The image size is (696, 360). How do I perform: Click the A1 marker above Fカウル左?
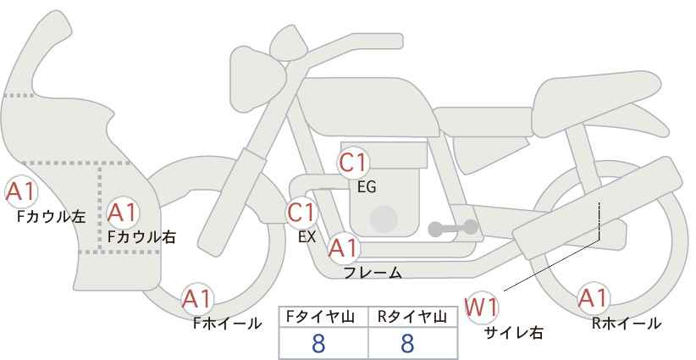tap(20, 192)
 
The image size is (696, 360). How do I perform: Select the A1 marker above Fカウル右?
tap(123, 213)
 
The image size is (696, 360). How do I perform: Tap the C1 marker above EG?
tap(353, 163)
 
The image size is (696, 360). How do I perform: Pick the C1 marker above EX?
tap(301, 213)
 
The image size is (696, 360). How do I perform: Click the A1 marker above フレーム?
tap(343, 248)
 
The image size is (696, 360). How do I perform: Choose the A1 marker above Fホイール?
tap(197, 299)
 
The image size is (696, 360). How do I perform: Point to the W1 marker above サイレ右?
tap(482, 307)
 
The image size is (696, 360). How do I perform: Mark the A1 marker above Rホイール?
tap(593, 299)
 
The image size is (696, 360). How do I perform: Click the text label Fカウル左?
tap(51, 217)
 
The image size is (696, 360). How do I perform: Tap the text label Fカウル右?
tap(141, 237)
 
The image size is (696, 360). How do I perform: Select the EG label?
tap(367, 187)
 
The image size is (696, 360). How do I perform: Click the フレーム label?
tap(373, 273)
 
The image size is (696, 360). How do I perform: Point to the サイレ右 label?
tap(514, 332)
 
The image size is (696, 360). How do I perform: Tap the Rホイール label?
tap(627, 324)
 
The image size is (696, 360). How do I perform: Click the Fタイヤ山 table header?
tap(320, 317)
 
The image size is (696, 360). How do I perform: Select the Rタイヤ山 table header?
tap(412, 317)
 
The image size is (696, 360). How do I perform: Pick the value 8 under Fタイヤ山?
tap(318, 343)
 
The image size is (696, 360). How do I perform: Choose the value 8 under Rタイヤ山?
tap(407, 343)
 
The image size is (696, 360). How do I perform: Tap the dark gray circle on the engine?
tap(384, 219)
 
